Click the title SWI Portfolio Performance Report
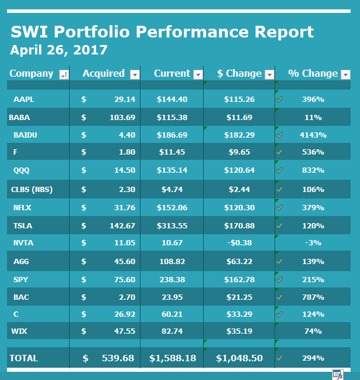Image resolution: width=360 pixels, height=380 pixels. (x=162, y=32)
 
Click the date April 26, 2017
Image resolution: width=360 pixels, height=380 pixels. (x=59, y=50)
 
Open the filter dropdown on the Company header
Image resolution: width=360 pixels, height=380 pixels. (x=64, y=74)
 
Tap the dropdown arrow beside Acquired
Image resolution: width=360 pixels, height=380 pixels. (x=135, y=74)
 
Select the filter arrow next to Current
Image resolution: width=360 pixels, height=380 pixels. (x=198, y=74)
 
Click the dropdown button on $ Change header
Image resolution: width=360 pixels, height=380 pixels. (x=269, y=74)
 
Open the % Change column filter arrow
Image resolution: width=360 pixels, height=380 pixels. (x=345, y=74)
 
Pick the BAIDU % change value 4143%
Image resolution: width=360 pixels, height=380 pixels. (x=313, y=135)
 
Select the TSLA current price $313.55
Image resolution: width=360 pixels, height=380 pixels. (x=172, y=225)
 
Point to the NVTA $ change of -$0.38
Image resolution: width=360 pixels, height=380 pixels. (x=239, y=244)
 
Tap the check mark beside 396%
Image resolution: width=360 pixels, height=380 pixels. (x=280, y=100)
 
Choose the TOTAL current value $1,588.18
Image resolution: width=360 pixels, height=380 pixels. (x=173, y=358)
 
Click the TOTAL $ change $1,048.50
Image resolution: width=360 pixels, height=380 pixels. (x=239, y=358)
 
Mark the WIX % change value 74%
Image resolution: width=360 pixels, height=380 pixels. (x=313, y=331)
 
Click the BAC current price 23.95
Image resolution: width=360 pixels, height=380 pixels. (x=172, y=297)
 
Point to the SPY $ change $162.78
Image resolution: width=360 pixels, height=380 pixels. (x=239, y=279)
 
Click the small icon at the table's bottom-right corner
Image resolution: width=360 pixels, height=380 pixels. (x=337, y=374)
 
